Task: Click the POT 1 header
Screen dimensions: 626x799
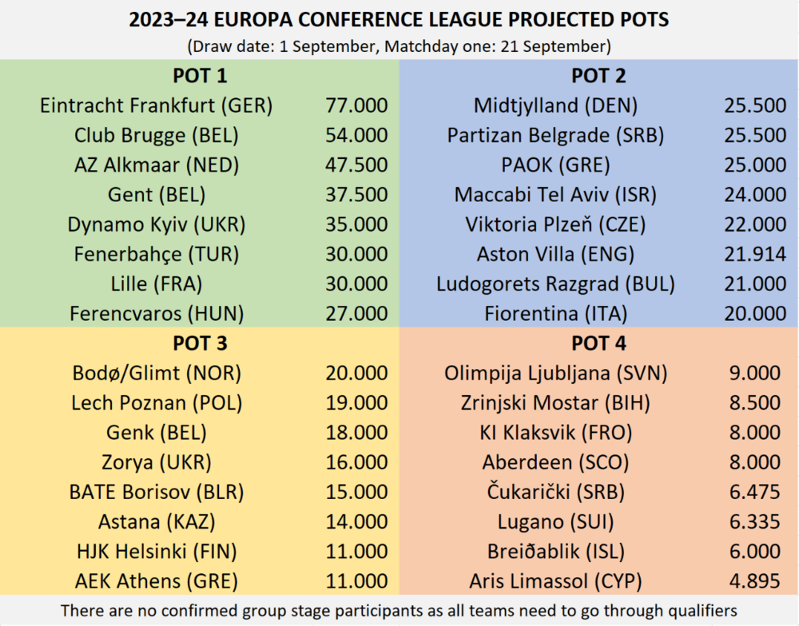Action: tap(200, 77)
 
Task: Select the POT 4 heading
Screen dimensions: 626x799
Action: tap(598, 344)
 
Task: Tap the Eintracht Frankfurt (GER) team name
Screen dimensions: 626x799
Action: tap(157, 106)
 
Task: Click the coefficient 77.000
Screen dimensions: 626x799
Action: tap(356, 106)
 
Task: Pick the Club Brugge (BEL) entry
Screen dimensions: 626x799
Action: tap(157, 136)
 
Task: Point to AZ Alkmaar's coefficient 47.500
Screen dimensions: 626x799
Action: tap(356, 165)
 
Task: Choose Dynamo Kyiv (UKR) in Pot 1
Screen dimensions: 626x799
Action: tap(157, 225)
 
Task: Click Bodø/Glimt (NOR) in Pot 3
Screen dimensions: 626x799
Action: tap(157, 374)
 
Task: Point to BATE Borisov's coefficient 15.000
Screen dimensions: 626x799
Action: tap(356, 493)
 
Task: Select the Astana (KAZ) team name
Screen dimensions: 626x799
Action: tap(157, 522)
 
